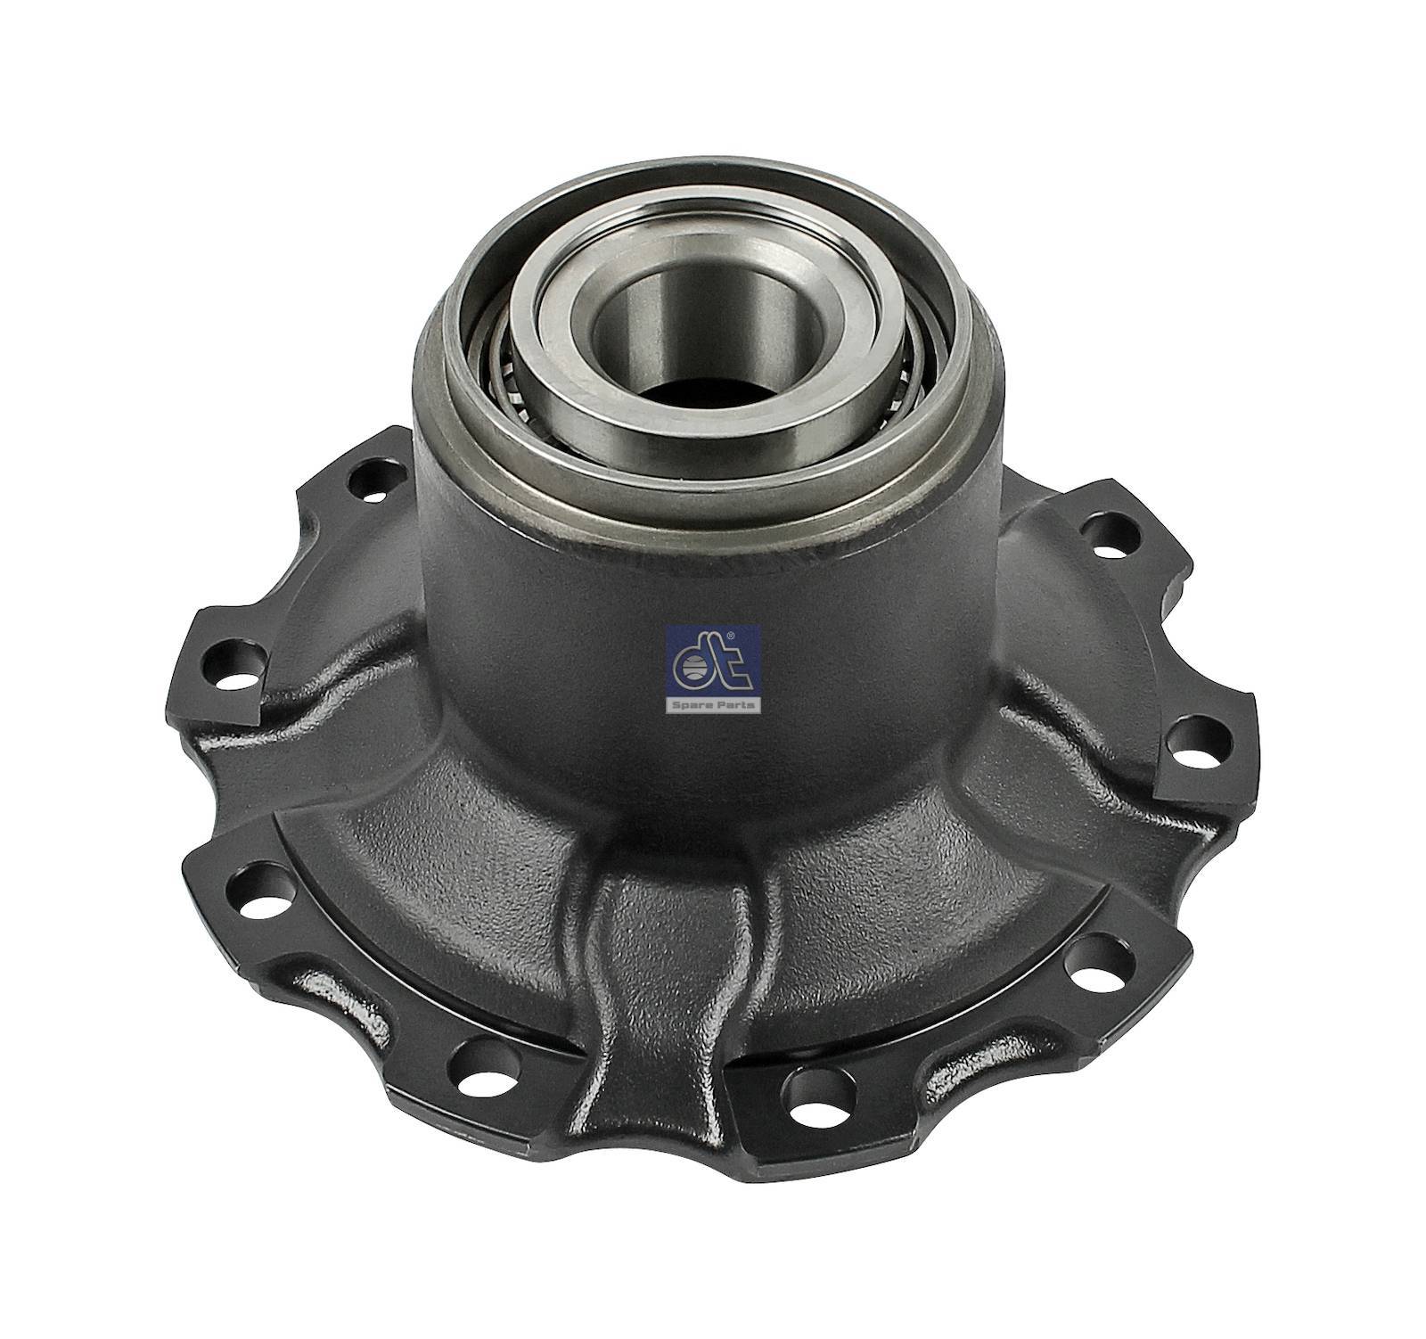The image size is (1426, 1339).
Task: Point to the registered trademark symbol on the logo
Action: pos(729,635)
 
